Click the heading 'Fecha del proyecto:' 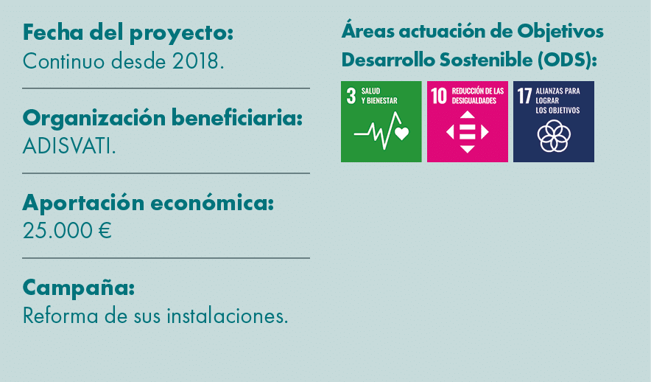128,33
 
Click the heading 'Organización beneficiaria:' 163,118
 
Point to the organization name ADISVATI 69,146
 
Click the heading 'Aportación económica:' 148,203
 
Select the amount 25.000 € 67,231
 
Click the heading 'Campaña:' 79,287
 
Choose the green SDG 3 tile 381,122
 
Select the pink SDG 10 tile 467,122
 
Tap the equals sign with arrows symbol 467,132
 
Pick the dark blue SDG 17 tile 553,122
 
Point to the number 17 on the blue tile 525,97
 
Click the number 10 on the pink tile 440,97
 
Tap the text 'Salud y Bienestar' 379,96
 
